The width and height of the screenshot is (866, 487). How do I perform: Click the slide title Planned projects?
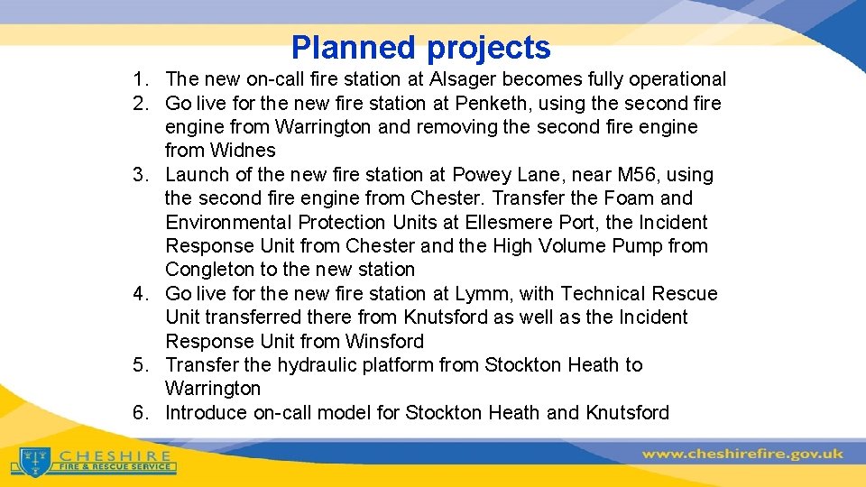coord(420,47)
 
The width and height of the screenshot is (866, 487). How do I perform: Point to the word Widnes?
coord(220,151)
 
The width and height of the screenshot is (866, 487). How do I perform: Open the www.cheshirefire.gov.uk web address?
coord(742,453)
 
